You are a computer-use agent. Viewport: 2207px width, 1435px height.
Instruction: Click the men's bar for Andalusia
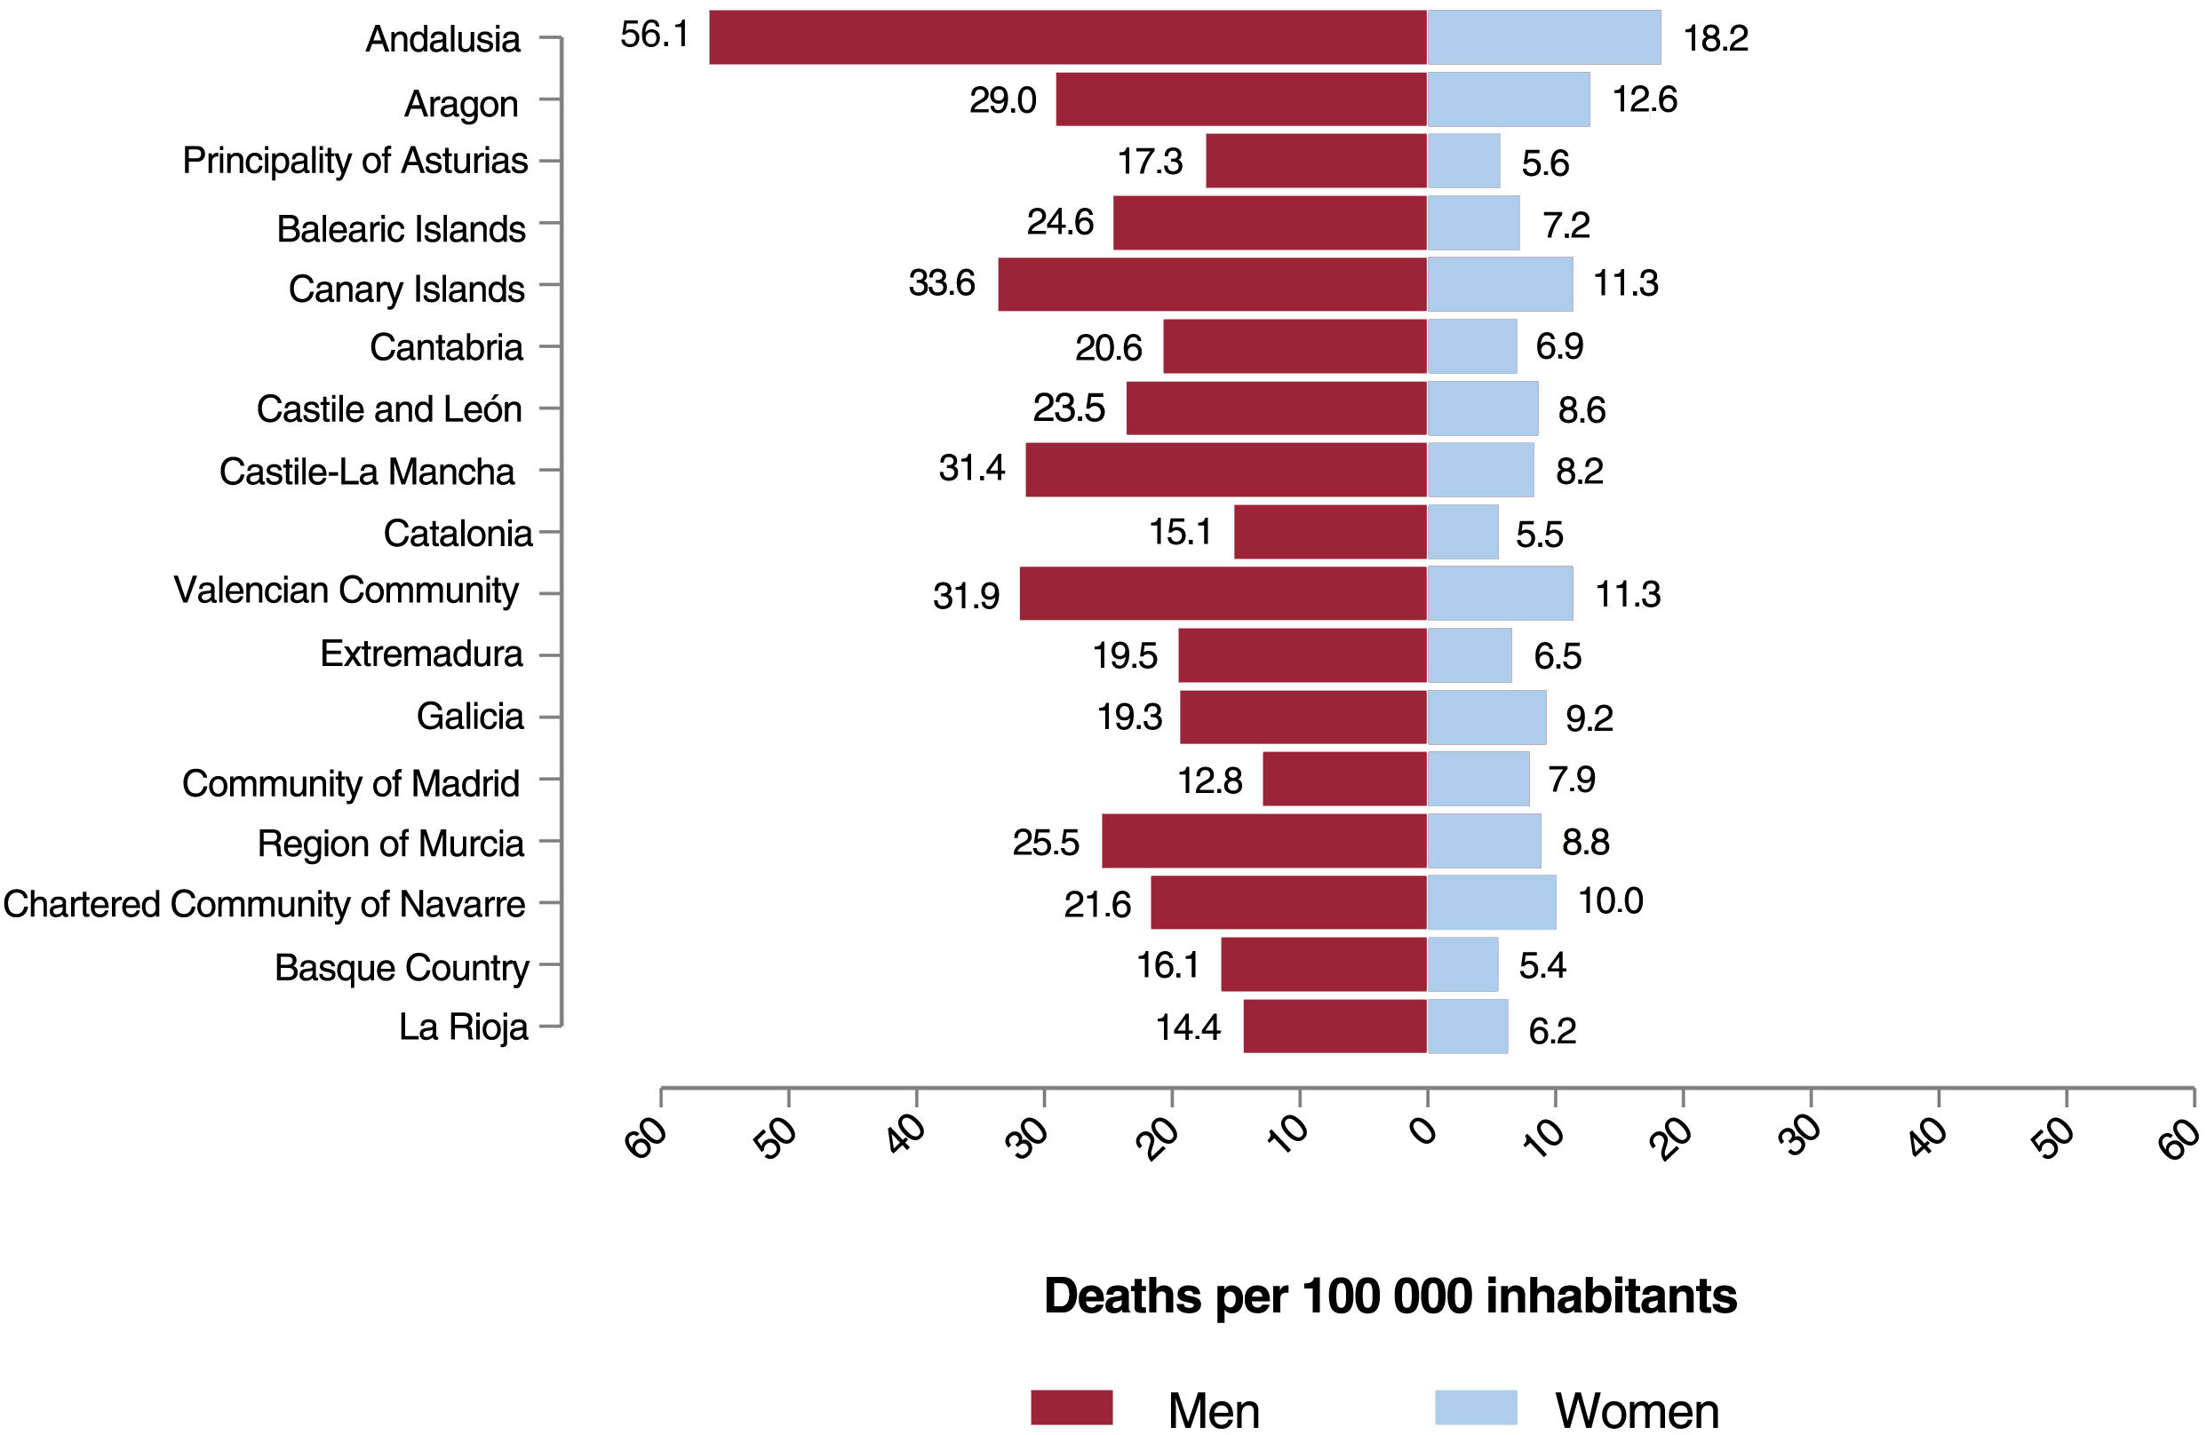[x=1066, y=37]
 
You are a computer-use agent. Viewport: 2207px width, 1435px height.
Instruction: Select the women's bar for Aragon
[x=1508, y=99]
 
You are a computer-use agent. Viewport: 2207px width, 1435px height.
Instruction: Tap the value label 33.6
[x=941, y=282]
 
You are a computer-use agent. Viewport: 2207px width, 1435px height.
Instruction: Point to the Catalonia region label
[x=458, y=533]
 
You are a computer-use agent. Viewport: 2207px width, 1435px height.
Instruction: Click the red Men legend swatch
[x=1071, y=1407]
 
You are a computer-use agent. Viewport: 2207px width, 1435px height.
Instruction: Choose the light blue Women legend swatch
[x=1476, y=1407]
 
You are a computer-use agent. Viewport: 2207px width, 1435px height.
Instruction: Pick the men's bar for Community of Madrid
[x=1344, y=779]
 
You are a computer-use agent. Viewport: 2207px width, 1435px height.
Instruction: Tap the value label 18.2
[x=1716, y=38]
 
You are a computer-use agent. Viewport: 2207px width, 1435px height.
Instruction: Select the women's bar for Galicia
[x=1486, y=717]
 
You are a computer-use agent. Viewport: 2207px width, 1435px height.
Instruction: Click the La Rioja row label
[x=463, y=1027]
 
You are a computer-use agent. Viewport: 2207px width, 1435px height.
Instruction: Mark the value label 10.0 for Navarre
[x=1610, y=901]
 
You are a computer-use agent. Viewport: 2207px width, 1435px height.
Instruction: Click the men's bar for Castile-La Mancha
[x=1226, y=470]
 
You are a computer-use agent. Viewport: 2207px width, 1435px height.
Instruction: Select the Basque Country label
[x=402, y=967]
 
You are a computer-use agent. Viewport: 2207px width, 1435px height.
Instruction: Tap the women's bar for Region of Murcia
[x=1484, y=841]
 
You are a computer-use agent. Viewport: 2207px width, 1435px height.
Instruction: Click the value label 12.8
[x=1209, y=781]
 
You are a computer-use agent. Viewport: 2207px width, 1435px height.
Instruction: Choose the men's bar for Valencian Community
[x=1223, y=593]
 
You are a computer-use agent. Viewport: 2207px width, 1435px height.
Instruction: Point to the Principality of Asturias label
[x=355, y=161]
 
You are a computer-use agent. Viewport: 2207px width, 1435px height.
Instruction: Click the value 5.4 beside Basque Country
[x=1542, y=966]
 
